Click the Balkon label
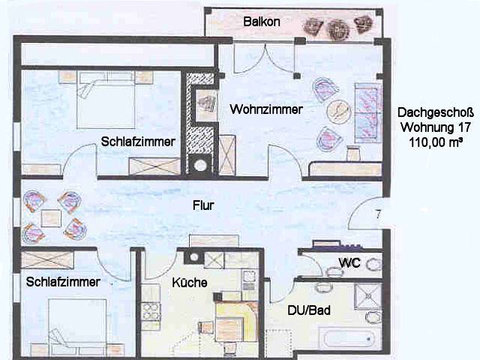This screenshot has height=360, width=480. pos(262,22)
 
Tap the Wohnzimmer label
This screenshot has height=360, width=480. pos(266,109)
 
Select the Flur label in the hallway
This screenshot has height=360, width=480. pos(203,205)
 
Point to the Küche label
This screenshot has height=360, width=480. pos(190,283)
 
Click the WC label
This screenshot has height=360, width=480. pos(349,262)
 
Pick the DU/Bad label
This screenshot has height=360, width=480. pos(309,310)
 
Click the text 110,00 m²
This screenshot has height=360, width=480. pos(435,142)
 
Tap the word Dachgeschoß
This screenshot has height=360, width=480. pos(435,112)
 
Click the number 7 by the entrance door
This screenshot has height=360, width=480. pos(378,214)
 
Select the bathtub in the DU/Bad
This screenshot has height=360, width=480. pos(346,338)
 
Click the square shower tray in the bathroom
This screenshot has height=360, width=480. pos(368,296)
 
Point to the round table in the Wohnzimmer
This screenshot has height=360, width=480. pos(338,112)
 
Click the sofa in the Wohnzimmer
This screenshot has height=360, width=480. pos(368,112)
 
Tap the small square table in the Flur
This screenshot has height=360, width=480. pos(51,218)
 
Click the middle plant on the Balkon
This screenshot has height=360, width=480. pos(338,30)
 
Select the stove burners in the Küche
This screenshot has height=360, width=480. pos(151,312)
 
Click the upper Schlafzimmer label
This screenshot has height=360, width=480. pos(138,142)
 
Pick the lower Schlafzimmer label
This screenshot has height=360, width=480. pos(63,282)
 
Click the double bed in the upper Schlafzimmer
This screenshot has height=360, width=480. pos(106,100)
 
